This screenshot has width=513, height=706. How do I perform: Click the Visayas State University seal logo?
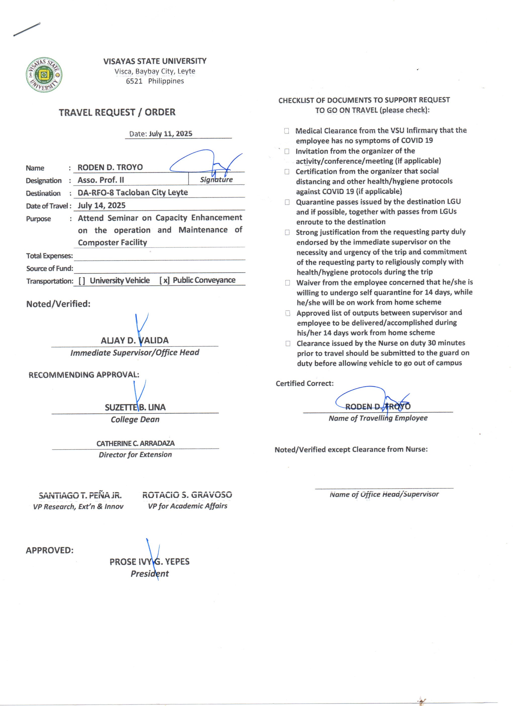44,75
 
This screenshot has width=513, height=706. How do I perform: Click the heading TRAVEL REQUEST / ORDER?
117,112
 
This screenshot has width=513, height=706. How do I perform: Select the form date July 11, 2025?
170,134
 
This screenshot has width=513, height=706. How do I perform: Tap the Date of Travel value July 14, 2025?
102,205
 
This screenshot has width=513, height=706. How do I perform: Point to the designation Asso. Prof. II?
101,180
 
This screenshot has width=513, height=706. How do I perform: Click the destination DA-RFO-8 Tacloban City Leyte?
133,192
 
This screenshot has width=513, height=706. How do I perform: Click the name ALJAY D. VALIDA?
135,340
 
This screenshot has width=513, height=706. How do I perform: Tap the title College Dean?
135,420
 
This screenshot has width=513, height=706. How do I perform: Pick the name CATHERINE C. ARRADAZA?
135,443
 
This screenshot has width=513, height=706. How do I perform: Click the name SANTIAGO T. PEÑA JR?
80,495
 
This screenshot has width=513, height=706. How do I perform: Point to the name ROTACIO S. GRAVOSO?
187,495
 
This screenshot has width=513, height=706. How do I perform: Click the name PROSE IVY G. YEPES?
149,562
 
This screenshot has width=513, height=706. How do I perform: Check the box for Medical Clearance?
286,131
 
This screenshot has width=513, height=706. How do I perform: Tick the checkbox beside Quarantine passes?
287,202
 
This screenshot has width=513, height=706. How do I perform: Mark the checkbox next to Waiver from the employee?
288,283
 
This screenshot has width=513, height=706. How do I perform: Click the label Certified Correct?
305,383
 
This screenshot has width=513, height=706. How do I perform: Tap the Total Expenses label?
50,256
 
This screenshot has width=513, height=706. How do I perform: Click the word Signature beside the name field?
216,180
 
